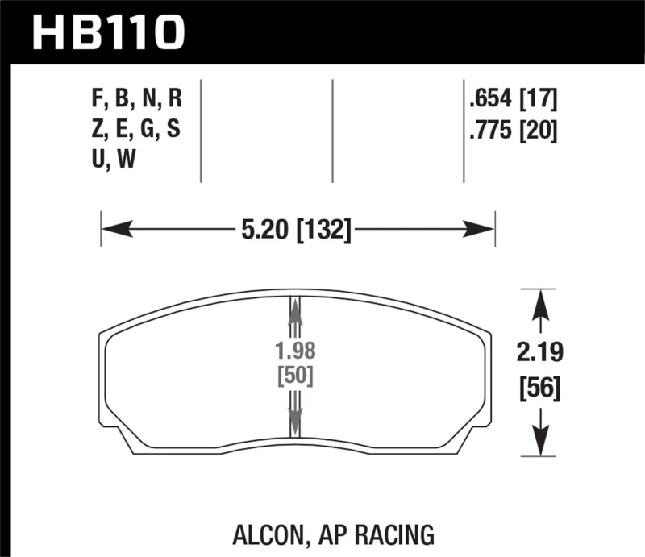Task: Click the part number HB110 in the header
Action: pyautogui.click(x=108, y=31)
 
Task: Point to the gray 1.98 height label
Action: pyautogui.click(x=295, y=352)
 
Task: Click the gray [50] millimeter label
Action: pyautogui.click(x=295, y=376)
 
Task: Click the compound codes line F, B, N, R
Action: pyautogui.click(x=137, y=101)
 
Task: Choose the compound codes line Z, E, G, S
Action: pyautogui.click(x=137, y=131)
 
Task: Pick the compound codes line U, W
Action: pyautogui.click(x=114, y=160)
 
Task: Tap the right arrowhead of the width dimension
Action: pyautogui.click(x=481, y=231)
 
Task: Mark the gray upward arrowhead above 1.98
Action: pyautogui.click(x=295, y=310)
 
